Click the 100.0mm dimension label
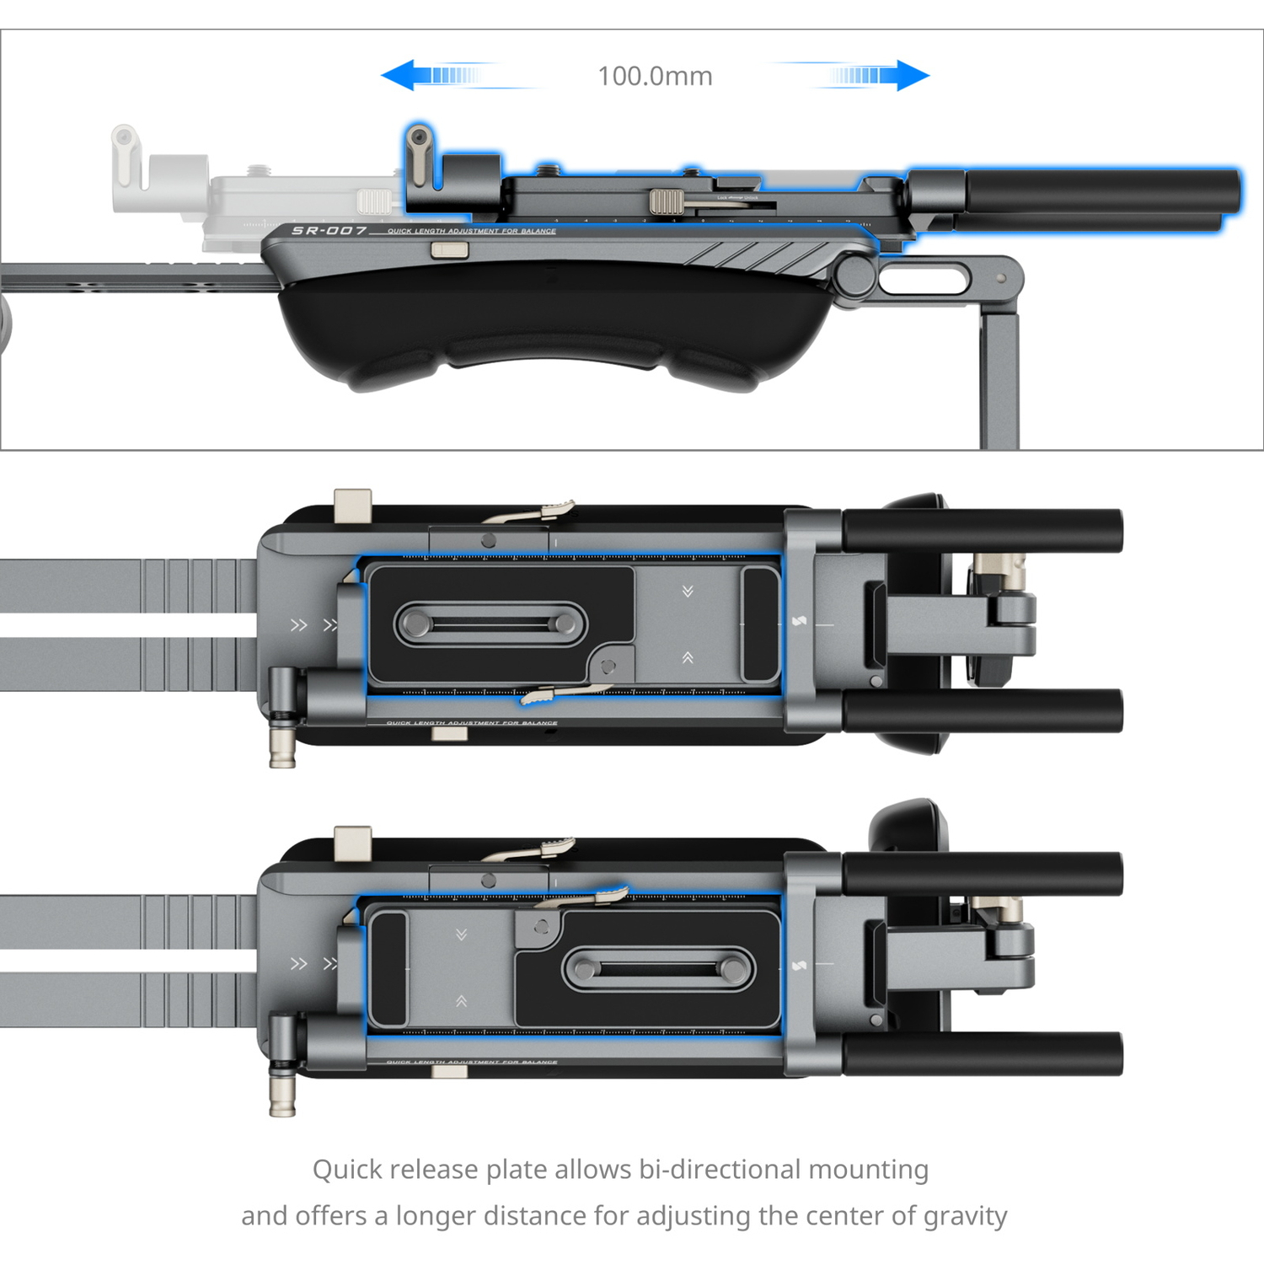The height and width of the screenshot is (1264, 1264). click(655, 76)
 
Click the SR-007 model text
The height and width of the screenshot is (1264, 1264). click(329, 230)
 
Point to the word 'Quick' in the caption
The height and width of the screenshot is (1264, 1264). click(346, 1170)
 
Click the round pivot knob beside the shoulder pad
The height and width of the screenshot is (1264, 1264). click(855, 275)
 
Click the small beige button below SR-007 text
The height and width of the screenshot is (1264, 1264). click(449, 249)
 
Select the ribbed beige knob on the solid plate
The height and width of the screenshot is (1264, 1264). click(666, 201)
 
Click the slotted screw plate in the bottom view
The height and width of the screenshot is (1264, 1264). click(659, 968)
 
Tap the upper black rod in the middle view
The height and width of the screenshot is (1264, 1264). click(983, 531)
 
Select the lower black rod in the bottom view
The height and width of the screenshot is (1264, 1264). click(983, 1053)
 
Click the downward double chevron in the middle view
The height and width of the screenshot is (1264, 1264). click(688, 592)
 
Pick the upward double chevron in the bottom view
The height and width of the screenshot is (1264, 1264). click(461, 1001)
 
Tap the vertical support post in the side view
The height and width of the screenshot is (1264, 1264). click(999, 379)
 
